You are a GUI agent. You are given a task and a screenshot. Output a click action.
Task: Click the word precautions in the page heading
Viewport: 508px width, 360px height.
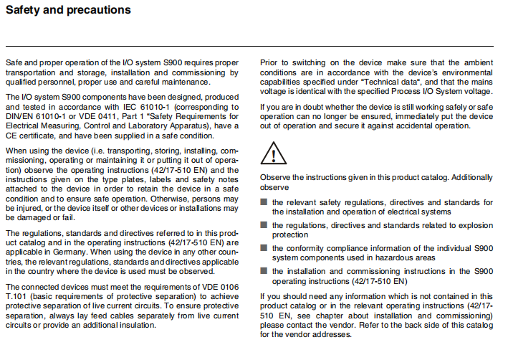pos(97,10)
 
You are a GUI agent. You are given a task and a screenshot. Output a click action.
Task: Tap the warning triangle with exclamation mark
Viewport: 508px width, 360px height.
pos(273,152)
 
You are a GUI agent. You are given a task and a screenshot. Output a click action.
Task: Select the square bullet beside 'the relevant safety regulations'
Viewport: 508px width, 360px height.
pos(264,203)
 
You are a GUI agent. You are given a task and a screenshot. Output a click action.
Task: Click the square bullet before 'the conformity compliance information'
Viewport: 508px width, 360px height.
pos(264,248)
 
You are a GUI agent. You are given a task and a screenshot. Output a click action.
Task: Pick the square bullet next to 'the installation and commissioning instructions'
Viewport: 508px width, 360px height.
pos(264,271)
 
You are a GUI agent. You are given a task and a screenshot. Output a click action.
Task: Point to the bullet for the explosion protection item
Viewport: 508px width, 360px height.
pos(264,225)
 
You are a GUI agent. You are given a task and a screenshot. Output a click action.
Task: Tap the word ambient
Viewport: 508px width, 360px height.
pos(476,63)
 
